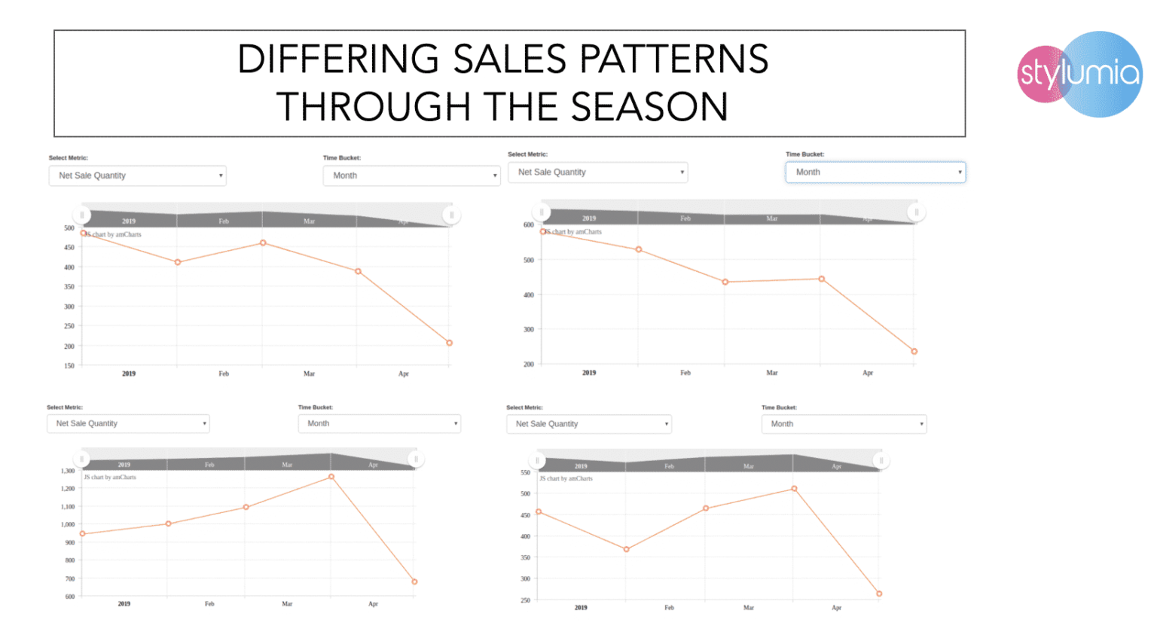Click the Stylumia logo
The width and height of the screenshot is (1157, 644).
pyautogui.click(x=1079, y=74)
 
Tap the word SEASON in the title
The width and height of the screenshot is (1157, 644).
pyautogui.click(x=649, y=107)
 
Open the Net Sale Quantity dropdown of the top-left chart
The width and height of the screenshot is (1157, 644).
pyautogui.click(x=137, y=175)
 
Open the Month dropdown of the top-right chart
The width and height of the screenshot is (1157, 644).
pyautogui.click(x=875, y=172)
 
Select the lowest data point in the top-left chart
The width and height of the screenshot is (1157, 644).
pyautogui.click(x=450, y=343)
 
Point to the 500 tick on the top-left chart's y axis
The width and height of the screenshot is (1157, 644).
pyautogui.click(x=69, y=228)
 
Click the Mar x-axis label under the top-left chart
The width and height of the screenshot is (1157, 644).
pyautogui.click(x=309, y=374)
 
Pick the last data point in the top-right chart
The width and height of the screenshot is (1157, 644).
pyautogui.click(x=914, y=352)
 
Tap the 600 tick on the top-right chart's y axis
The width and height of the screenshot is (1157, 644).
pyautogui.click(x=528, y=225)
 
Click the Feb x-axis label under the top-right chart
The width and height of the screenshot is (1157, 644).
pyautogui.click(x=685, y=373)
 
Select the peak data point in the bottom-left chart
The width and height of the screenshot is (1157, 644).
pyautogui.click(x=331, y=477)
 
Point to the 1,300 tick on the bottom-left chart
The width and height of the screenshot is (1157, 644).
pyautogui.click(x=68, y=472)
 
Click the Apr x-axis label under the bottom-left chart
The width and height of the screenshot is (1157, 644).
pyautogui.click(x=373, y=604)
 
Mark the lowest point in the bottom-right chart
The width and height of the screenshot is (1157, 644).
pyautogui.click(x=879, y=594)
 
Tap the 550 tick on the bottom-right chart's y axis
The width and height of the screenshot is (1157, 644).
pyautogui.click(x=525, y=473)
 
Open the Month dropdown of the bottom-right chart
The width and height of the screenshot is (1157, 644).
pyautogui.click(x=844, y=424)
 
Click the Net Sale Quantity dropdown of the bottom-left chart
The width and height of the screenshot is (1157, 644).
pyautogui.click(x=128, y=423)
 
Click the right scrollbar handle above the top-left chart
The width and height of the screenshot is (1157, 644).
pyautogui.click(x=451, y=215)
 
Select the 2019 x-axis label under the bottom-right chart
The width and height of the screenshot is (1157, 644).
pyautogui.click(x=581, y=608)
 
